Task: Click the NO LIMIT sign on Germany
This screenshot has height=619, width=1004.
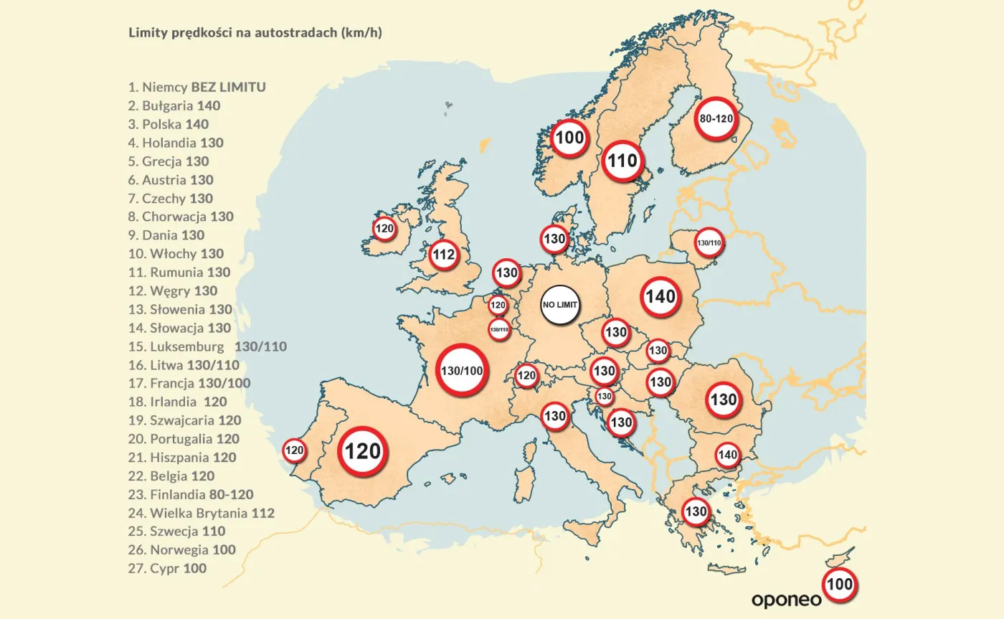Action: [560, 304]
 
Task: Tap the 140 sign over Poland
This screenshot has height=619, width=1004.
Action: [660, 296]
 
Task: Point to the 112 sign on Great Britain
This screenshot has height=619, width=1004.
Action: [445, 254]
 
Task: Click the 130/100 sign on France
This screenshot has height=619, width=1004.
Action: [463, 370]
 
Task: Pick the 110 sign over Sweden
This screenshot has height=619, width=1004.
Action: [622, 161]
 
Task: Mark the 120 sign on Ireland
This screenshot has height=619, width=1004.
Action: [385, 229]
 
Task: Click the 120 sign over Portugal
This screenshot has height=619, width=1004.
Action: [294, 451]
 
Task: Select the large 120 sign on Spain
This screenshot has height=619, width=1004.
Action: [363, 451]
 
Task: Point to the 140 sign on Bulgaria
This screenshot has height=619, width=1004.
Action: [727, 455]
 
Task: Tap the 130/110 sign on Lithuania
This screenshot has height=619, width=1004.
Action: [709, 243]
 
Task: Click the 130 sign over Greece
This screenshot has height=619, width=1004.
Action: [696, 512]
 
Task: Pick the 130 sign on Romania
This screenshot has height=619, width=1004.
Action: [724, 400]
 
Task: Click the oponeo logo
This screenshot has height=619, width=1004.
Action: [786, 598]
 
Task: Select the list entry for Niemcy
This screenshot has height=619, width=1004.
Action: [197, 88]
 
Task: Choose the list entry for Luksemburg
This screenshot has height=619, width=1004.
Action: [208, 346]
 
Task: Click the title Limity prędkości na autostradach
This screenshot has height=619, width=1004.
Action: [255, 33]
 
